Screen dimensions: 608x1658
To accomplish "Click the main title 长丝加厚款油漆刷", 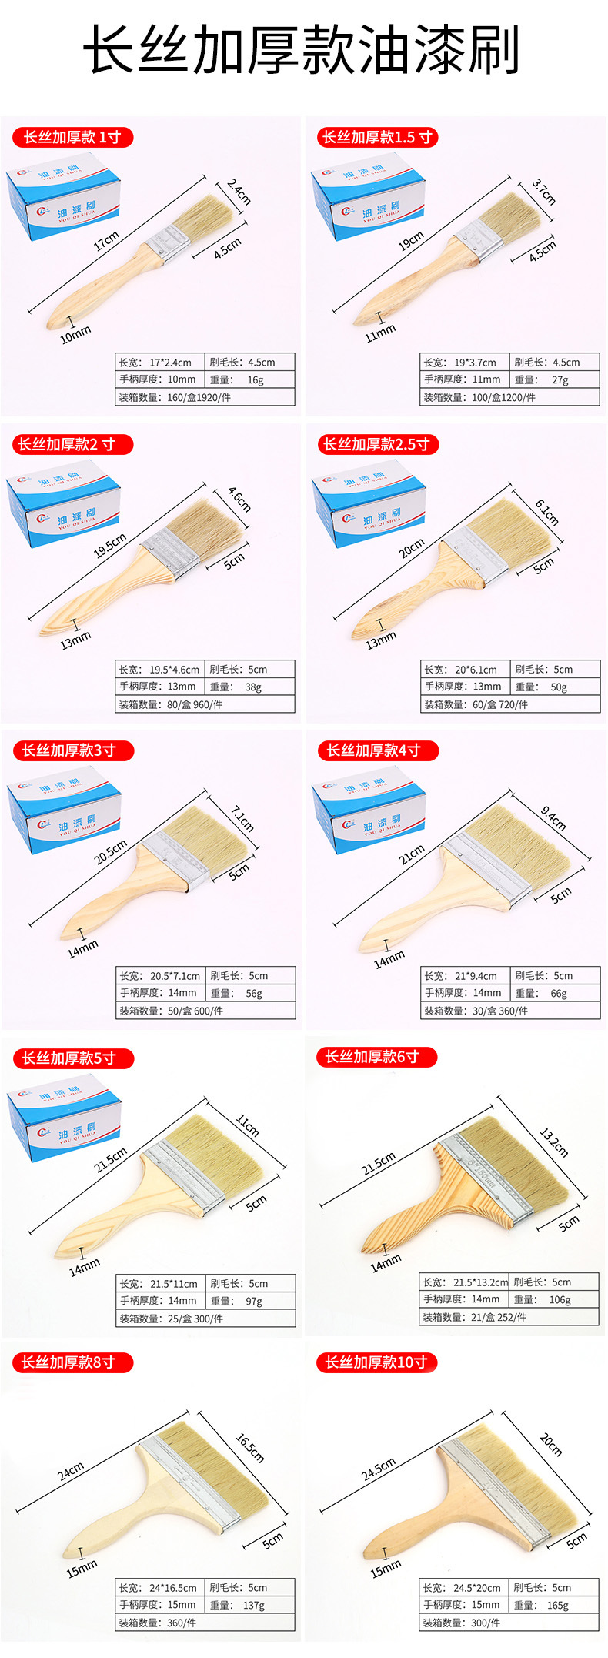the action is tap(302, 50).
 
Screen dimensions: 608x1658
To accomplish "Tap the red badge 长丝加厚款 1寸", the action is tap(72, 138).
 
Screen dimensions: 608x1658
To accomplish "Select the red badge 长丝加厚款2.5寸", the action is tap(377, 444).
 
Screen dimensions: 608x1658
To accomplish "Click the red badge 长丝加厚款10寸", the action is tap(376, 1362).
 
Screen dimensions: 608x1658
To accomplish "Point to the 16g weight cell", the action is tap(250, 379).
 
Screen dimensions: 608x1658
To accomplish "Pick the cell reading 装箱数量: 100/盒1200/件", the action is tap(509, 397).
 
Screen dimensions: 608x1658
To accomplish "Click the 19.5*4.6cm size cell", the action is tap(159, 669).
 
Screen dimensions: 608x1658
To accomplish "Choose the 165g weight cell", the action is tap(554, 1605).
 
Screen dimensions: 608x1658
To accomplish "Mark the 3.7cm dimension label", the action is tap(543, 192).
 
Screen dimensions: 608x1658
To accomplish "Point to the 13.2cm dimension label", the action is tap(553, 1142).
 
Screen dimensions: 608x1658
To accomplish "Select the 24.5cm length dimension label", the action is tap(379, 1469).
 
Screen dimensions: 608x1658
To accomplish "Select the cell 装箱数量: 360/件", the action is tap(205, 1623).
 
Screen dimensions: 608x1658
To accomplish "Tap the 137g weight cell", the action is tap(250, 1605).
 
